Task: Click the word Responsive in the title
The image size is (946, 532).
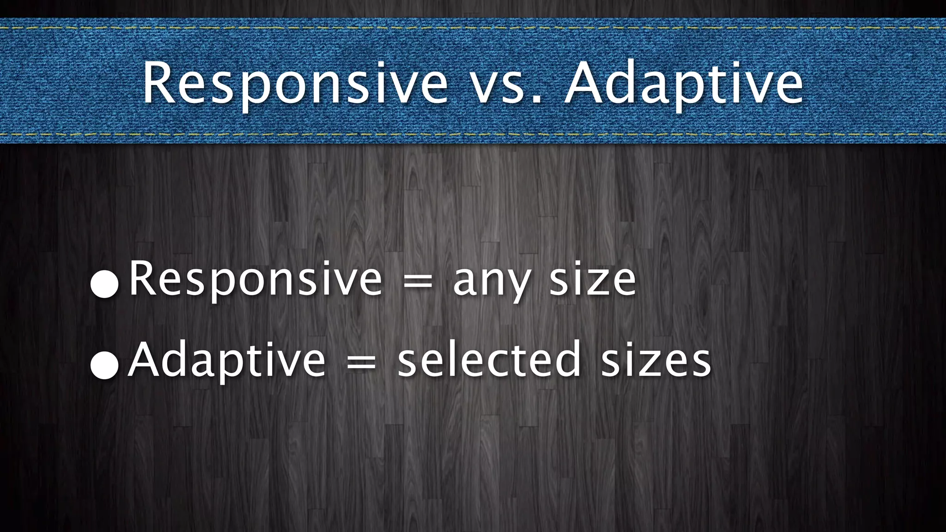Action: coord(295,84)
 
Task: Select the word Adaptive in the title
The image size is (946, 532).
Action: coord(684,84)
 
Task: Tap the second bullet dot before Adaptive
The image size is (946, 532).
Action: coord(105,364)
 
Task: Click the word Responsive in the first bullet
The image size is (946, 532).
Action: coord(255,279)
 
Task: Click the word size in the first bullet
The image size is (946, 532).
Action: coord(593,279)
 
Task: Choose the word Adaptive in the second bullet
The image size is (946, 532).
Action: coord(227,360)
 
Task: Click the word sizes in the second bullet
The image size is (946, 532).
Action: coord(656,360)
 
